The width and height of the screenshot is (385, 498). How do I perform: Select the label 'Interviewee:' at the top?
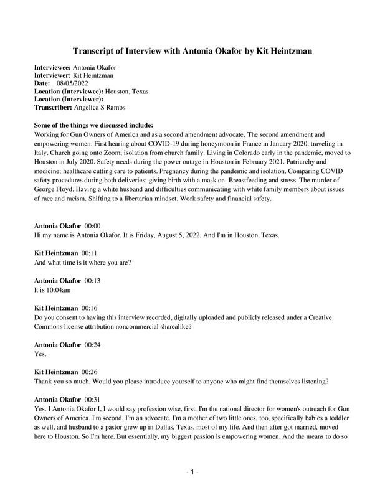coord(52,67)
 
